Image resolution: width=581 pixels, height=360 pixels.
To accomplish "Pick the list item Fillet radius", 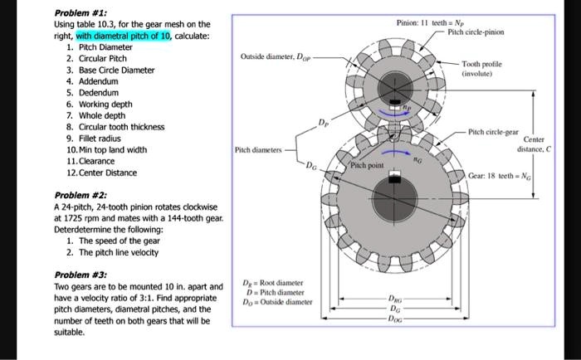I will [95, 139].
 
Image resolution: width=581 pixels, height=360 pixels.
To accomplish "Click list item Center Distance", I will [107, 173].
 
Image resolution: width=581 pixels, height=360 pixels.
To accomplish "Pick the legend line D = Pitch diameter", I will [277, 293].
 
